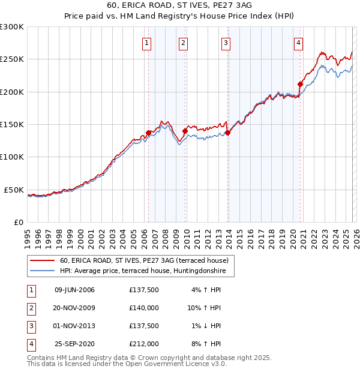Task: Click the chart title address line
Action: [x=179, y=6]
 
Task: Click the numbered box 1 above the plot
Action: [x=148, y=43]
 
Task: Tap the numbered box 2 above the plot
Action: [x=183, y=43]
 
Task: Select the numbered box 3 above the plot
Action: [x=226, y=43]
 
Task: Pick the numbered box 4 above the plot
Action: [x=298, y=43]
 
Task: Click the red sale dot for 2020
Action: [x=300, y=84]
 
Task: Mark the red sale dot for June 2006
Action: [x=148, y=133]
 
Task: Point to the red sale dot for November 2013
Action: [x=227, y=133]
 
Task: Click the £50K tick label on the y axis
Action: [x=14, y=190]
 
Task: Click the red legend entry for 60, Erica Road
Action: [x=144, y=261]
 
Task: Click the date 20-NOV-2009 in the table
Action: [x=74, y=308]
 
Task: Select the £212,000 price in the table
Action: [x=144, y=344]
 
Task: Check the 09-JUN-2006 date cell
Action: [x=74, y=290]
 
